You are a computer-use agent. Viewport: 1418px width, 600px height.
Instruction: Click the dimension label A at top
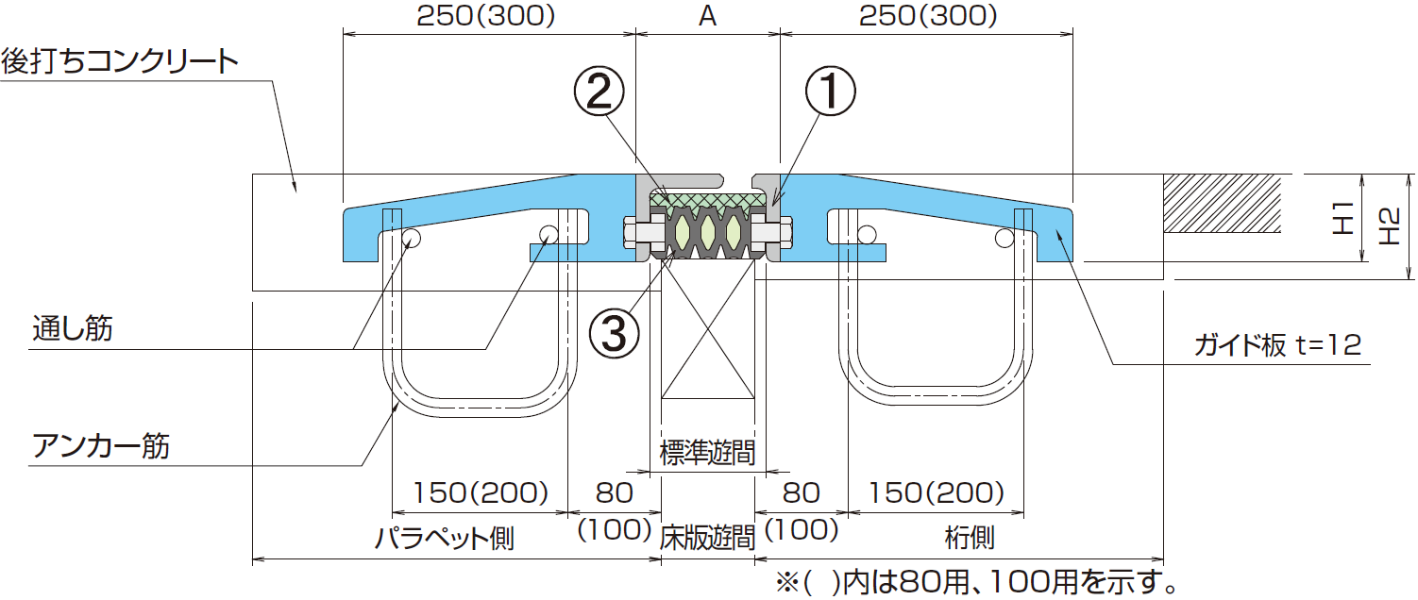[708, 16]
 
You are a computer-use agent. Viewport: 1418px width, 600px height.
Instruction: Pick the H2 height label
[1389, 227]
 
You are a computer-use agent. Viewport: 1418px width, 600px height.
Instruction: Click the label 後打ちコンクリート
[119, 61]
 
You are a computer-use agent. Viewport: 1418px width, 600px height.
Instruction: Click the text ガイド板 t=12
[1277, 346]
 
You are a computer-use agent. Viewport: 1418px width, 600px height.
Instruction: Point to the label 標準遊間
[707, 454]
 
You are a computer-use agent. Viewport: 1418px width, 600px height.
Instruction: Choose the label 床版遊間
[707, 538]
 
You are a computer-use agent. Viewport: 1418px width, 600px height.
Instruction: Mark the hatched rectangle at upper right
[1224, 203]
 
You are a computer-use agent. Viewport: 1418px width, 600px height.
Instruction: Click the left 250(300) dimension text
[486, 16]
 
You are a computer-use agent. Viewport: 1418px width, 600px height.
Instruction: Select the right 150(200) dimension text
[935, 492]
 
